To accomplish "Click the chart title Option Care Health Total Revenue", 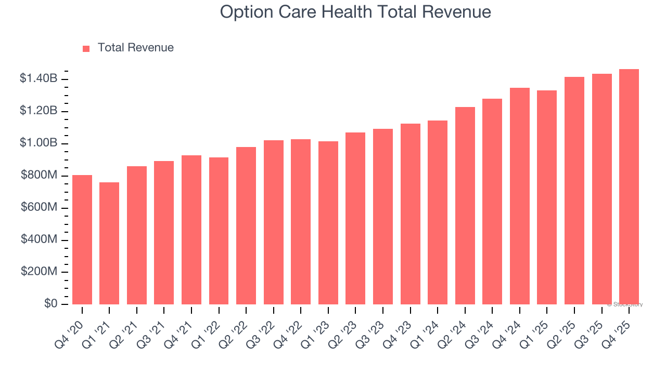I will (355, 11).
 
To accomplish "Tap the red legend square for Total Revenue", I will (86, 48).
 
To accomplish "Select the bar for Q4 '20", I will (82, 239).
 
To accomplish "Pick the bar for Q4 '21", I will (191, 230).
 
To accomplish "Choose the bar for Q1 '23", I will (328, 223).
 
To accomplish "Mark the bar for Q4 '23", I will (411, 214).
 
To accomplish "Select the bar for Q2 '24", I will (465, 206).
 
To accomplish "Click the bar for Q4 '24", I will (520, 196).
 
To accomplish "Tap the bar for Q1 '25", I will (547, 197).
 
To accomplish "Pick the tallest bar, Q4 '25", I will (629, 186).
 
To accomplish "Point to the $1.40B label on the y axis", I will (39, 79).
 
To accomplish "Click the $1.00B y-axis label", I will (39, 143).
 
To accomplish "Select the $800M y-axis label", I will (39, 176).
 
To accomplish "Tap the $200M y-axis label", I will (39, 272).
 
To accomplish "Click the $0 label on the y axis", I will (50, 304).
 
